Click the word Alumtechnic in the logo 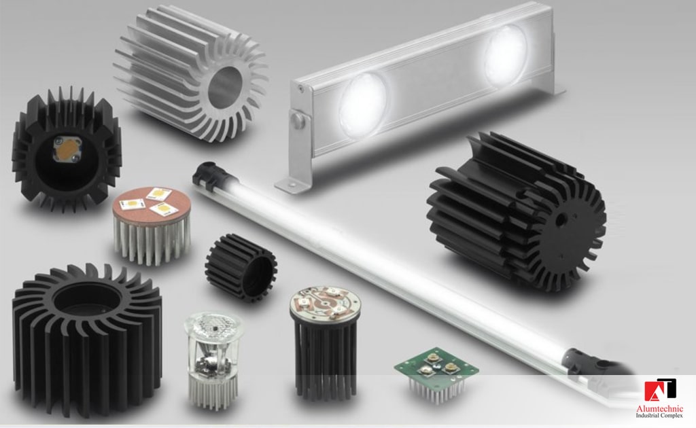(659, 408)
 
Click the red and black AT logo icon (659, 390)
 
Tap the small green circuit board (436, 366)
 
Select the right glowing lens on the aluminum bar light (506, 54)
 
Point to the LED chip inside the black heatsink (67, 148)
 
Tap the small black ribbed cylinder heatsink (241, 266)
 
